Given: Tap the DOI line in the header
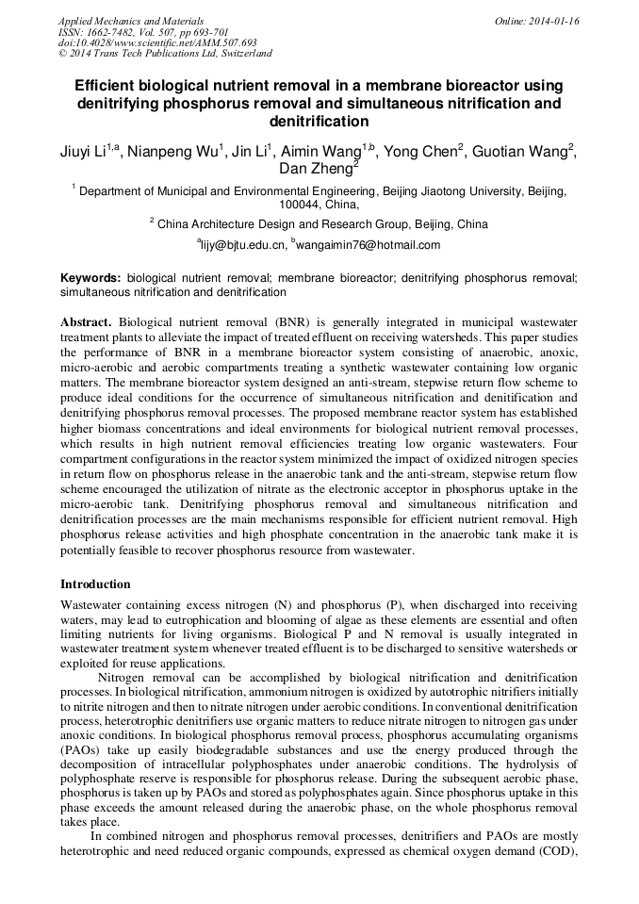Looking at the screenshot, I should pyautogui.click(x=157, y=42).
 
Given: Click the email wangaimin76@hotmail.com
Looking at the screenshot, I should pyautogui.click(x=368, y=245).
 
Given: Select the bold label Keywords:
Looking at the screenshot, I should pyautogui.click(x=90, y=279).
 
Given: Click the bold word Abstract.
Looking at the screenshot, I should pyautogui.click(x=86, y=321).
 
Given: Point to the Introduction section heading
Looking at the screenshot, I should pyautogui.click(x=95, y=583).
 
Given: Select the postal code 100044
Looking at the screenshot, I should pyautogui.click(x=302, y=204).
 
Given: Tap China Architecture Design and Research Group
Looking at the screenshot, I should pyautogui.click(x=305, y=224).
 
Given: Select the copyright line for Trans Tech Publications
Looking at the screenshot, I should pyautogui.click(x=165, y=54).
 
